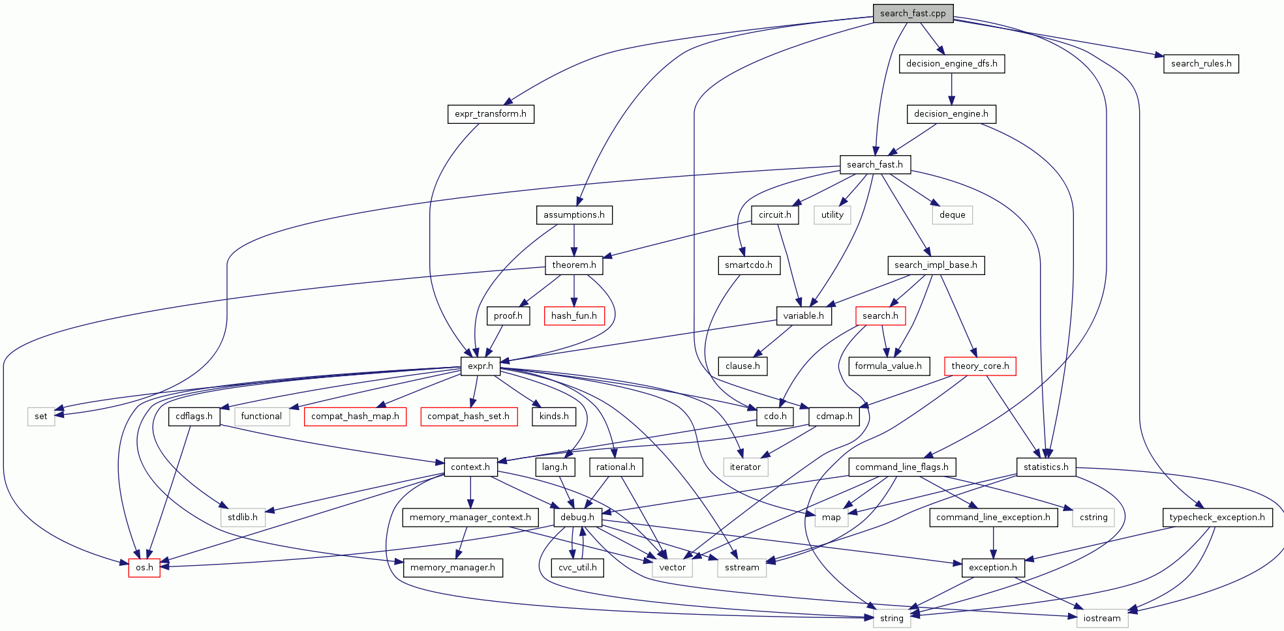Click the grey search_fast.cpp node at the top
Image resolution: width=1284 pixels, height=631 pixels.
click(913, 14)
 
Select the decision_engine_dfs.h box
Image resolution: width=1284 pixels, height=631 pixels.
click(952, 64)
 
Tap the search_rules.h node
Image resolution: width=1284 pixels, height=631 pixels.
click(1200, 64)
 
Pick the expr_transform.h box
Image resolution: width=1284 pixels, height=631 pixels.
click(491, 114)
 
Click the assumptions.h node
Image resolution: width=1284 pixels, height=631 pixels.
click(574, 215)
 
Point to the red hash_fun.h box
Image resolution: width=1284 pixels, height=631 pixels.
click(574, 316)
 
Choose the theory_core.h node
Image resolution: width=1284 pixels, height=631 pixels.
click(980, 366)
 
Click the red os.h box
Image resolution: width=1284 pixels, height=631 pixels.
click(144, 568)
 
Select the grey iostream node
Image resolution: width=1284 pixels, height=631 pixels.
click(1102, 618)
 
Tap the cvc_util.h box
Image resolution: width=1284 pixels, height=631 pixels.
click(577, 568)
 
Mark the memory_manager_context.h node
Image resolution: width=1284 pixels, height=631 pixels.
click(470, 518)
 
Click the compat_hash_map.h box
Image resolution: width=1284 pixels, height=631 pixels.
click(355, 417)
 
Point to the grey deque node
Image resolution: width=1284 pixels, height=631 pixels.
click(953, 215)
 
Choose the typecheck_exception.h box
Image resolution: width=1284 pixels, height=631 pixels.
click(1217, 518)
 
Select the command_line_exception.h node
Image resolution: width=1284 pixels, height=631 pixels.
click(993, 518)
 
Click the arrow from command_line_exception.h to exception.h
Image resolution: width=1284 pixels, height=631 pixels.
click(993, 543)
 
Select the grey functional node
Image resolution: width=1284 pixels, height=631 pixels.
click(262, 417)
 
